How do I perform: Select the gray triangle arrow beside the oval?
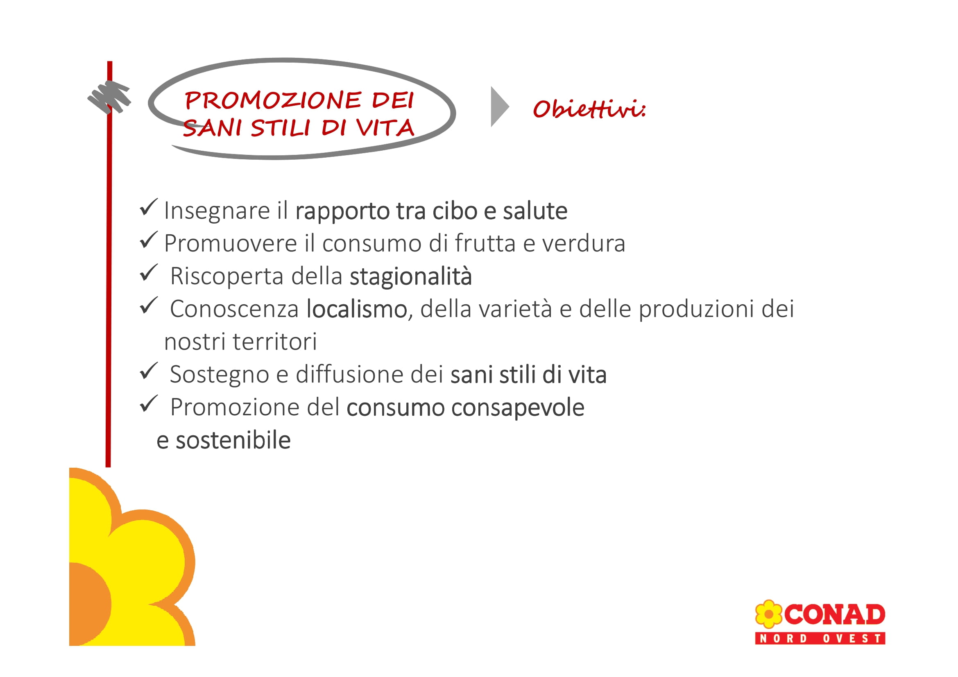[x=500, y=107]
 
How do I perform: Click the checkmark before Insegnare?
[x=149, y=207]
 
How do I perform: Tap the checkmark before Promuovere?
[x=149, y=240]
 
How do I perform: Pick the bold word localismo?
[x=356, y=309]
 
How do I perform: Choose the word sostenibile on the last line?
[x=233, y=441]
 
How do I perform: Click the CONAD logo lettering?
[x=834, y=614]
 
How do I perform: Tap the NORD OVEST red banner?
[x=820, y=638]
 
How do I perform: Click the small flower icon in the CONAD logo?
[x=768, y=614]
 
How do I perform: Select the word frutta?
[x=485, y=244]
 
